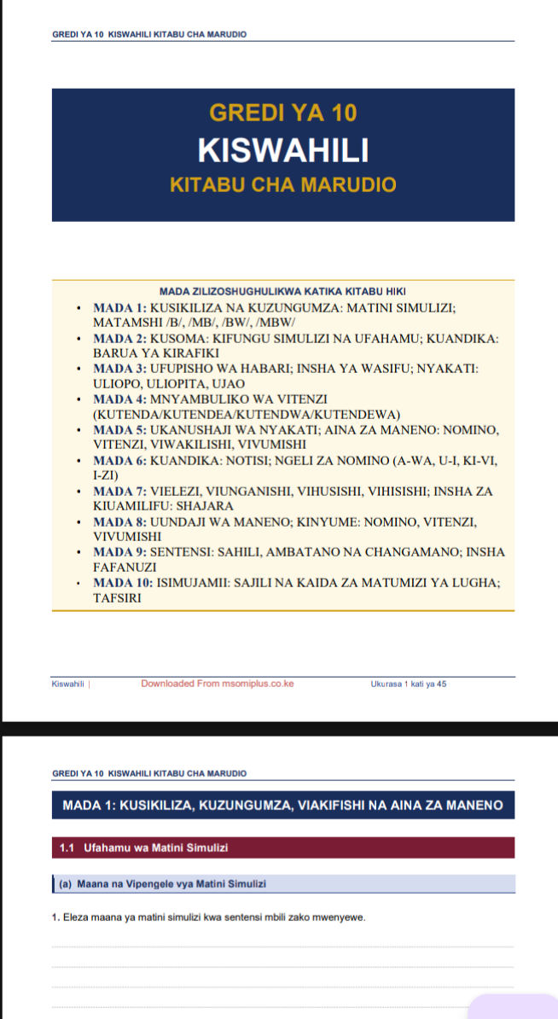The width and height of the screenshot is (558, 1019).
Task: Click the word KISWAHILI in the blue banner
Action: [x=282, y=150]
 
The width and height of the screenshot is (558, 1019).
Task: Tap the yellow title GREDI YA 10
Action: [x=282, y=113]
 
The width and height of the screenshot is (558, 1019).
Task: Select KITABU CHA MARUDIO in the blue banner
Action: [x=282, y=185]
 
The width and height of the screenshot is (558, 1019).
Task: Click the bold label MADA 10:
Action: [x=123, y=583]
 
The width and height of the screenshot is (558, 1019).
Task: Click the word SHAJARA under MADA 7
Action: [x=205, y=506]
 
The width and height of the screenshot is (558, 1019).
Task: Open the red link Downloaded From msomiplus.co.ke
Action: [x=218, y=684]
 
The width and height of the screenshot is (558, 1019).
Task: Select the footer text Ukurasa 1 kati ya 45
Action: [x=409, y=684]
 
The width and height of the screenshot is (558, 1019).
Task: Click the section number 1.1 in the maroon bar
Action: [x=68, y=847]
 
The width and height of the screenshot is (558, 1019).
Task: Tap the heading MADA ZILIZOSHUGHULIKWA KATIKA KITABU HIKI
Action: [x=282, y=292]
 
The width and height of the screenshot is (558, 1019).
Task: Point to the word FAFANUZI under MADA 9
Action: [x=125, y=568]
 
